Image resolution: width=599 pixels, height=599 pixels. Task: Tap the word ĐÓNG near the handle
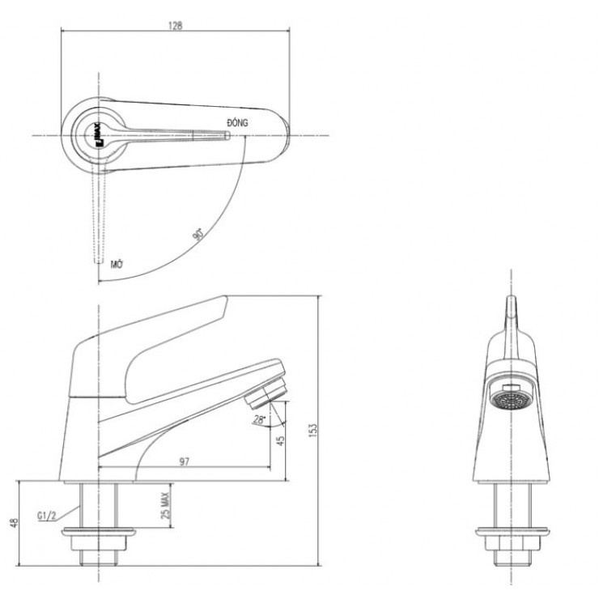tap(236, 121)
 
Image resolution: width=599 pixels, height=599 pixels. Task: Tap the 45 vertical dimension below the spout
tap(279, 442)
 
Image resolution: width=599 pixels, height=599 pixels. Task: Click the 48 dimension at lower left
tap(12, 523)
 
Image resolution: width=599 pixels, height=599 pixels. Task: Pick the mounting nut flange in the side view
tap(101, 533)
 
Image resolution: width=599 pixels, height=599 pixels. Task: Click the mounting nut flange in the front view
tap(509, 533)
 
